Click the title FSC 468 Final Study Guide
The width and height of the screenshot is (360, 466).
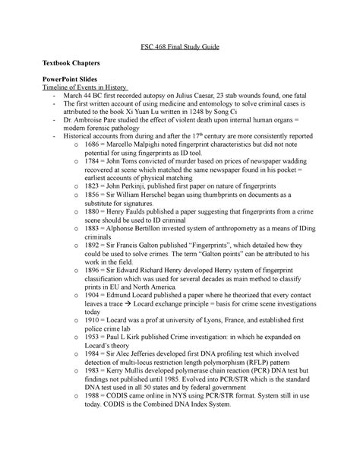click(179, 47)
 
